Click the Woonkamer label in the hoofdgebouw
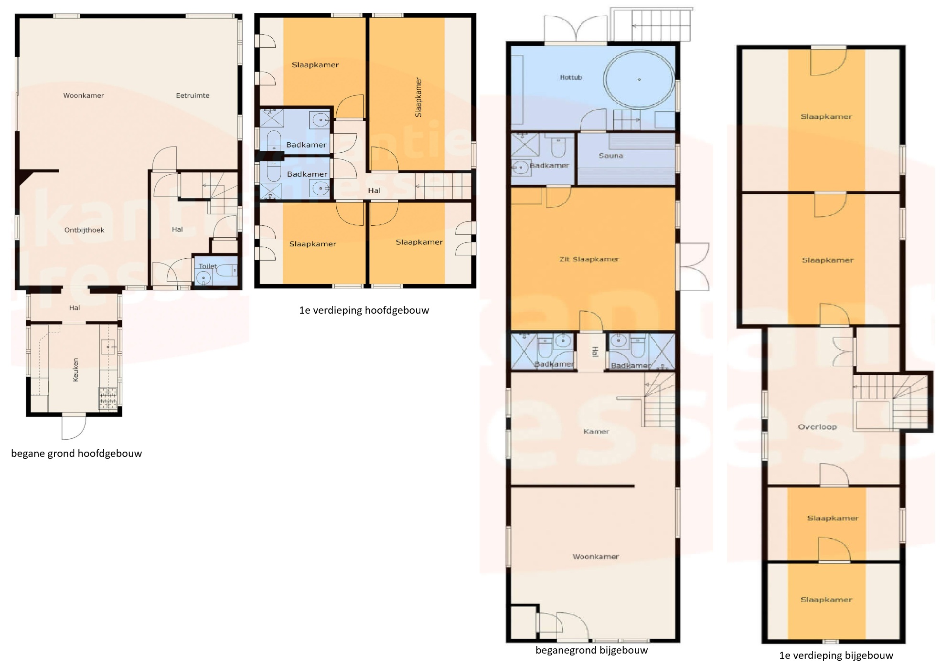click(x=84, y=95)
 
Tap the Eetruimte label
click(x=192, y=95)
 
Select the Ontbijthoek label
click(x=84, y=230)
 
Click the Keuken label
click(x=75, y=370)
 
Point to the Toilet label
click(x=208, y=266)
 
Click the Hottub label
click(x=571, y=77)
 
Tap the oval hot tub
click(x=639, y=80)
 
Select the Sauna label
click(x=611, y=156)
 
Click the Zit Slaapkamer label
click(x=589, y=259)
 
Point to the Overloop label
click(x=817, y=427)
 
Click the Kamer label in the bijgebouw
click(x=597, y=432)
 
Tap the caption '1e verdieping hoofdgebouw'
click(x=364, y=310)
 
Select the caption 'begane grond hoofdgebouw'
click(x=76, y=454)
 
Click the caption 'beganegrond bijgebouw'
click(x=591, y=650)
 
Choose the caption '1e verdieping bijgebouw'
click(x=836, y=655)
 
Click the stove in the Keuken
click(x=108, y=399)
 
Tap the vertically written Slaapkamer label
click(x=419, y=97)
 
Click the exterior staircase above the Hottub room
click(x=652, y=25)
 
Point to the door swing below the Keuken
click(x=74, y=427)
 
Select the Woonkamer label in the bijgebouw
click(x=596, y=557)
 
